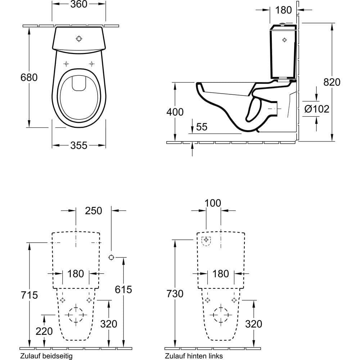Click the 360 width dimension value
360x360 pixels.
pyautogui.click(x=79, y=4)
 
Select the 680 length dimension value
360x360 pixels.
pyautogui.click(x=28, y=77)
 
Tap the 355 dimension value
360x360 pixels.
pyautogui.click(x=79, y=145)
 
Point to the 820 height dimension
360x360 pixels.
pyautogui.click(x=332, y=82)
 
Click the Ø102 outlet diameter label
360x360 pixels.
pyautogui.click(x=316, y=109)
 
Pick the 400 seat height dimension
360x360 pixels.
pyautogui.click(x=175, y=112)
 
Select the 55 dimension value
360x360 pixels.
pyautogui.click(x=202, y=127)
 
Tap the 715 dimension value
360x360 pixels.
pyautogui.click(x=29, y=295)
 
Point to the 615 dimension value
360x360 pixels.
pyautogui.click(x=123, y=289)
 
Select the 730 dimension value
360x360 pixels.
pyautogui.click(x=175, y=293)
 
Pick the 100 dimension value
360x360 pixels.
pyautogui.click(x=213, y=203)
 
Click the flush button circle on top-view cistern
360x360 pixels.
pyautogui.click(x=79, y=39)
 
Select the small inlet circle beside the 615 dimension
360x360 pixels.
pyautogui.click(x=111, y=257)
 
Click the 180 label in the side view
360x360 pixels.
pyautogui.click(x=284, y=10)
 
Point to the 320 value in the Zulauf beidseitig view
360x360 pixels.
pyautogui.click(x=109, y=324)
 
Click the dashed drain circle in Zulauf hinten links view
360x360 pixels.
pyautogui.click(x=221, y=315)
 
